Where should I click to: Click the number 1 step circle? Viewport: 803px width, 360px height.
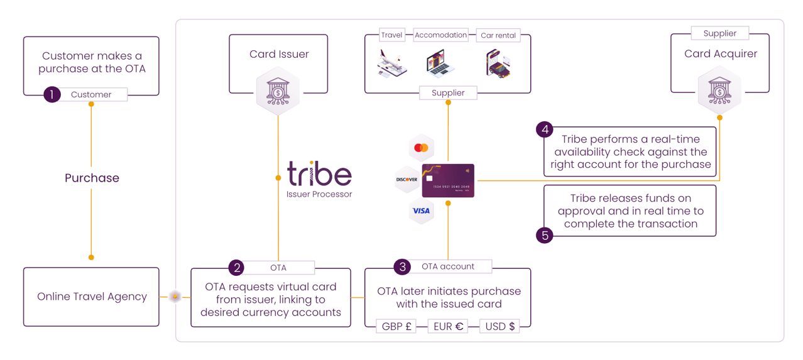[x=52, y=95]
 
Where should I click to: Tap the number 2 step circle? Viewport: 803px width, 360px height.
[x=236, y=268]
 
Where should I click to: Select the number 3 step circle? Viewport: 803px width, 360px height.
[x=402, y=266]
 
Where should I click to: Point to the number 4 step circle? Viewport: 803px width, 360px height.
[x=545, y=130]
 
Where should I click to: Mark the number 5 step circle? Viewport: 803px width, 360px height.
[x=545, y=236]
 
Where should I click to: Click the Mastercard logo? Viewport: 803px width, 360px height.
[x=422, y=148]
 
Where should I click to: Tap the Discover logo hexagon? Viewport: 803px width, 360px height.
[x=407, y=180]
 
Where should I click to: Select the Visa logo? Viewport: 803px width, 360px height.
[x=422, y=211]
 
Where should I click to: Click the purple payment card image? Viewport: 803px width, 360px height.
[x=448, y=180]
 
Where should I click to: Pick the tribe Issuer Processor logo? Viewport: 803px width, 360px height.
[x=319, y=180]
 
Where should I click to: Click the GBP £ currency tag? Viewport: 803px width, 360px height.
[x=396, y=327]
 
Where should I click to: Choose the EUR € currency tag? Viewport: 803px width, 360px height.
[x=448, y=327]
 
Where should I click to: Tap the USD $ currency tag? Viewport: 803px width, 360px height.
[x=500, y=327]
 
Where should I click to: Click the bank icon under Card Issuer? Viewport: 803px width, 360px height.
[x=278, y=92]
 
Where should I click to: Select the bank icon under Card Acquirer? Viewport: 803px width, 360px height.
[x=720, y=92]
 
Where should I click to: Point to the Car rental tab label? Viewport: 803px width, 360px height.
[x=498, y=35]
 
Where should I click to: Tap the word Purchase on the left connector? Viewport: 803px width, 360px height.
[x=92, y=178]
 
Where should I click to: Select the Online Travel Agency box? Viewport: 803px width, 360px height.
[x=92, y=297]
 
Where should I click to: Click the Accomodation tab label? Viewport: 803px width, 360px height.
[x=440, y=35]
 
